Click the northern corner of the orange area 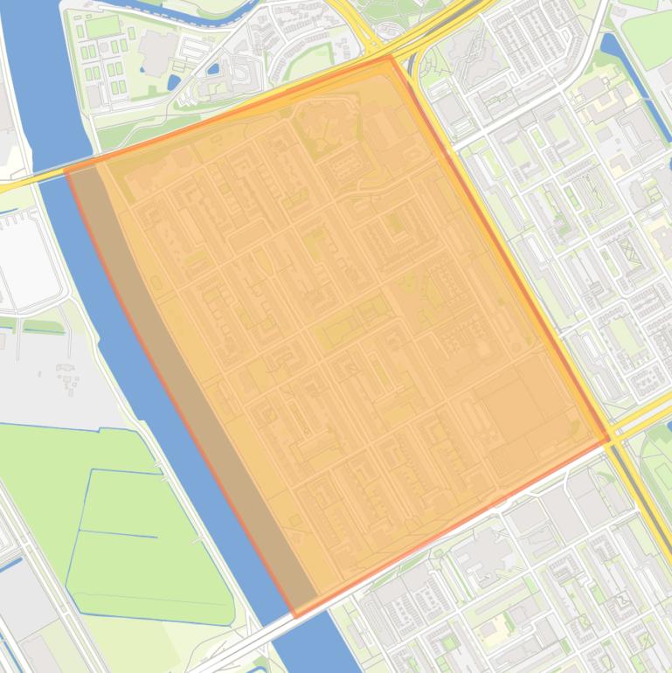pos(391,57)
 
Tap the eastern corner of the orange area pos(608,440)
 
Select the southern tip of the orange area pos(295,616)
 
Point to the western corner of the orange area pos(66,170)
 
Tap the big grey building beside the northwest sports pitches pos(156,52)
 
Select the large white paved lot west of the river pos(26,262)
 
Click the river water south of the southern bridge pos(306,656)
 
